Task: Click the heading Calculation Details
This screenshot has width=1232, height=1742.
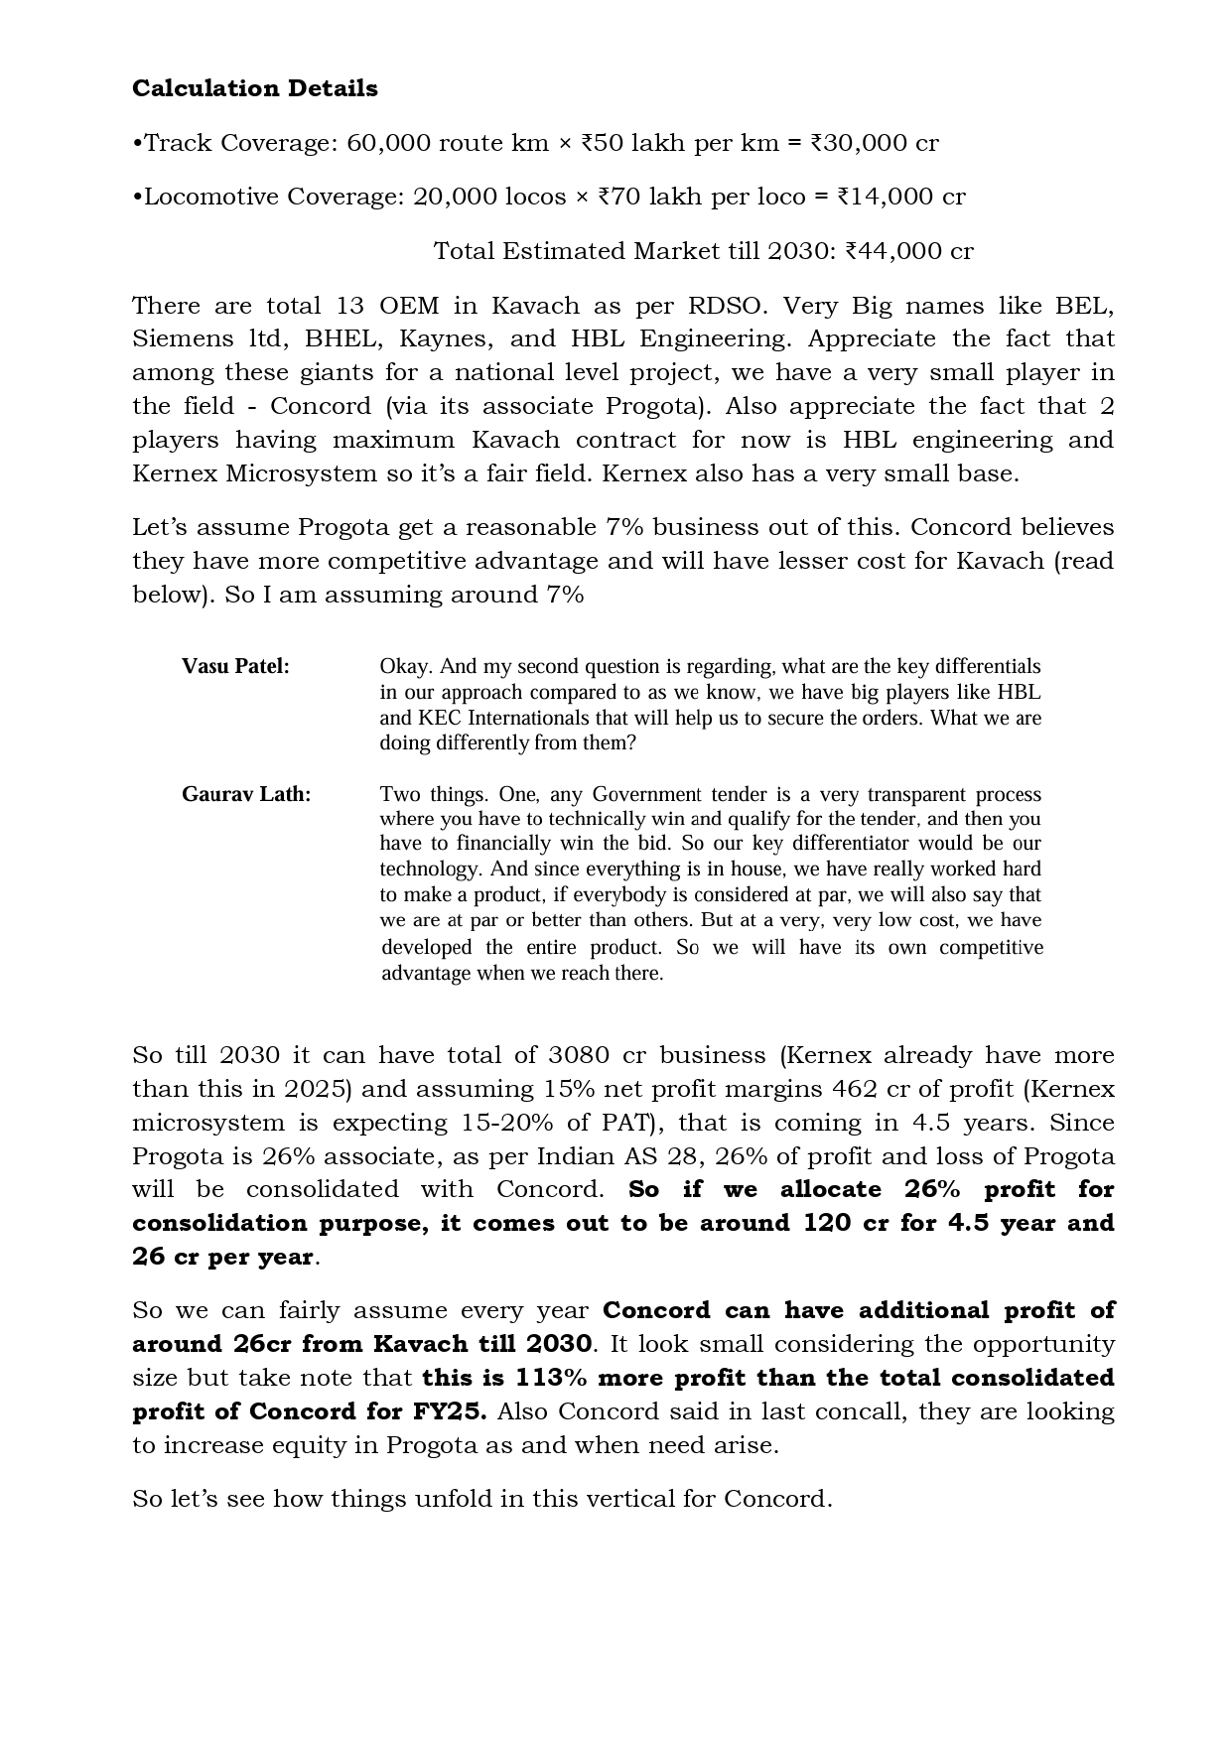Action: (255, 88)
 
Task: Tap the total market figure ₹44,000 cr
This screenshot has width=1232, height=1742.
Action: (908, 251)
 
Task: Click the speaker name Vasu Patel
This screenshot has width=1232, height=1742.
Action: (235, 666)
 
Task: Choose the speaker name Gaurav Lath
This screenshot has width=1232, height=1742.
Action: (246, 794)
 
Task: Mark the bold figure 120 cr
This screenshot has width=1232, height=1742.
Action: (845, 1223)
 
